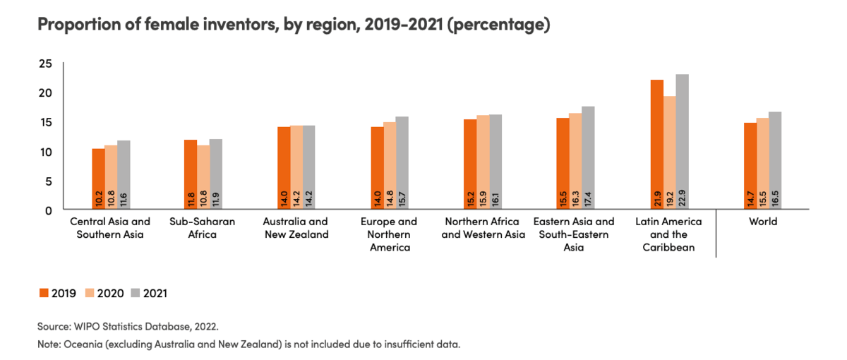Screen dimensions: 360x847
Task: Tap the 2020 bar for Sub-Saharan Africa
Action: click(203, 177)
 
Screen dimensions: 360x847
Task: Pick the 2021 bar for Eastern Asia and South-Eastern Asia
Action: click(589, 158)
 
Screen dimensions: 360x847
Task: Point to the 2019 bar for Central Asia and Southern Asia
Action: click(98, 179)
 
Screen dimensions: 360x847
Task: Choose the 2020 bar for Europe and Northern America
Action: click(389, 166)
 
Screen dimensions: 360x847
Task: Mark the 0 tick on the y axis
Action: click(49, 210)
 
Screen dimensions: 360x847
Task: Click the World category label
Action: click(762, 222)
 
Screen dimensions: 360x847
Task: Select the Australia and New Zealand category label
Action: click(295, 228)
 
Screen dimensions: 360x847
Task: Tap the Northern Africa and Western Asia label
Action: click(483, 228)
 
